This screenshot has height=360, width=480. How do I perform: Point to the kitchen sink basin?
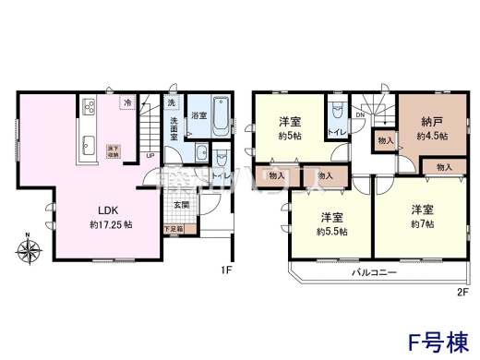click(90, 145)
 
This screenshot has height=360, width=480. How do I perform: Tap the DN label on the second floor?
click(360, 114)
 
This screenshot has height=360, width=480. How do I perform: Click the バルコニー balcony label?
click(373, 274)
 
